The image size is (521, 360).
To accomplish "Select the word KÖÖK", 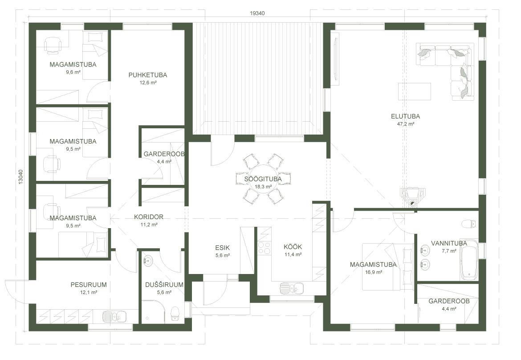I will coord(293,247).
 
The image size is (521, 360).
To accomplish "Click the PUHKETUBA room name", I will coord(148,75).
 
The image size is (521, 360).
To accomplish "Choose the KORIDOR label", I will coord(149,217).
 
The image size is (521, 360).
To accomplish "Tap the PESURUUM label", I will coord(89,284).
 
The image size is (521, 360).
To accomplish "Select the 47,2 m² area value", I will coord(406,124).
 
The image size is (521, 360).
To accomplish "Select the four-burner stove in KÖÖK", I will coord(264,248).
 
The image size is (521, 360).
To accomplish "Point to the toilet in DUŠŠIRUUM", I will coord(175,313).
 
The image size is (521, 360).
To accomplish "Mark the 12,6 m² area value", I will coord(148,83).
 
